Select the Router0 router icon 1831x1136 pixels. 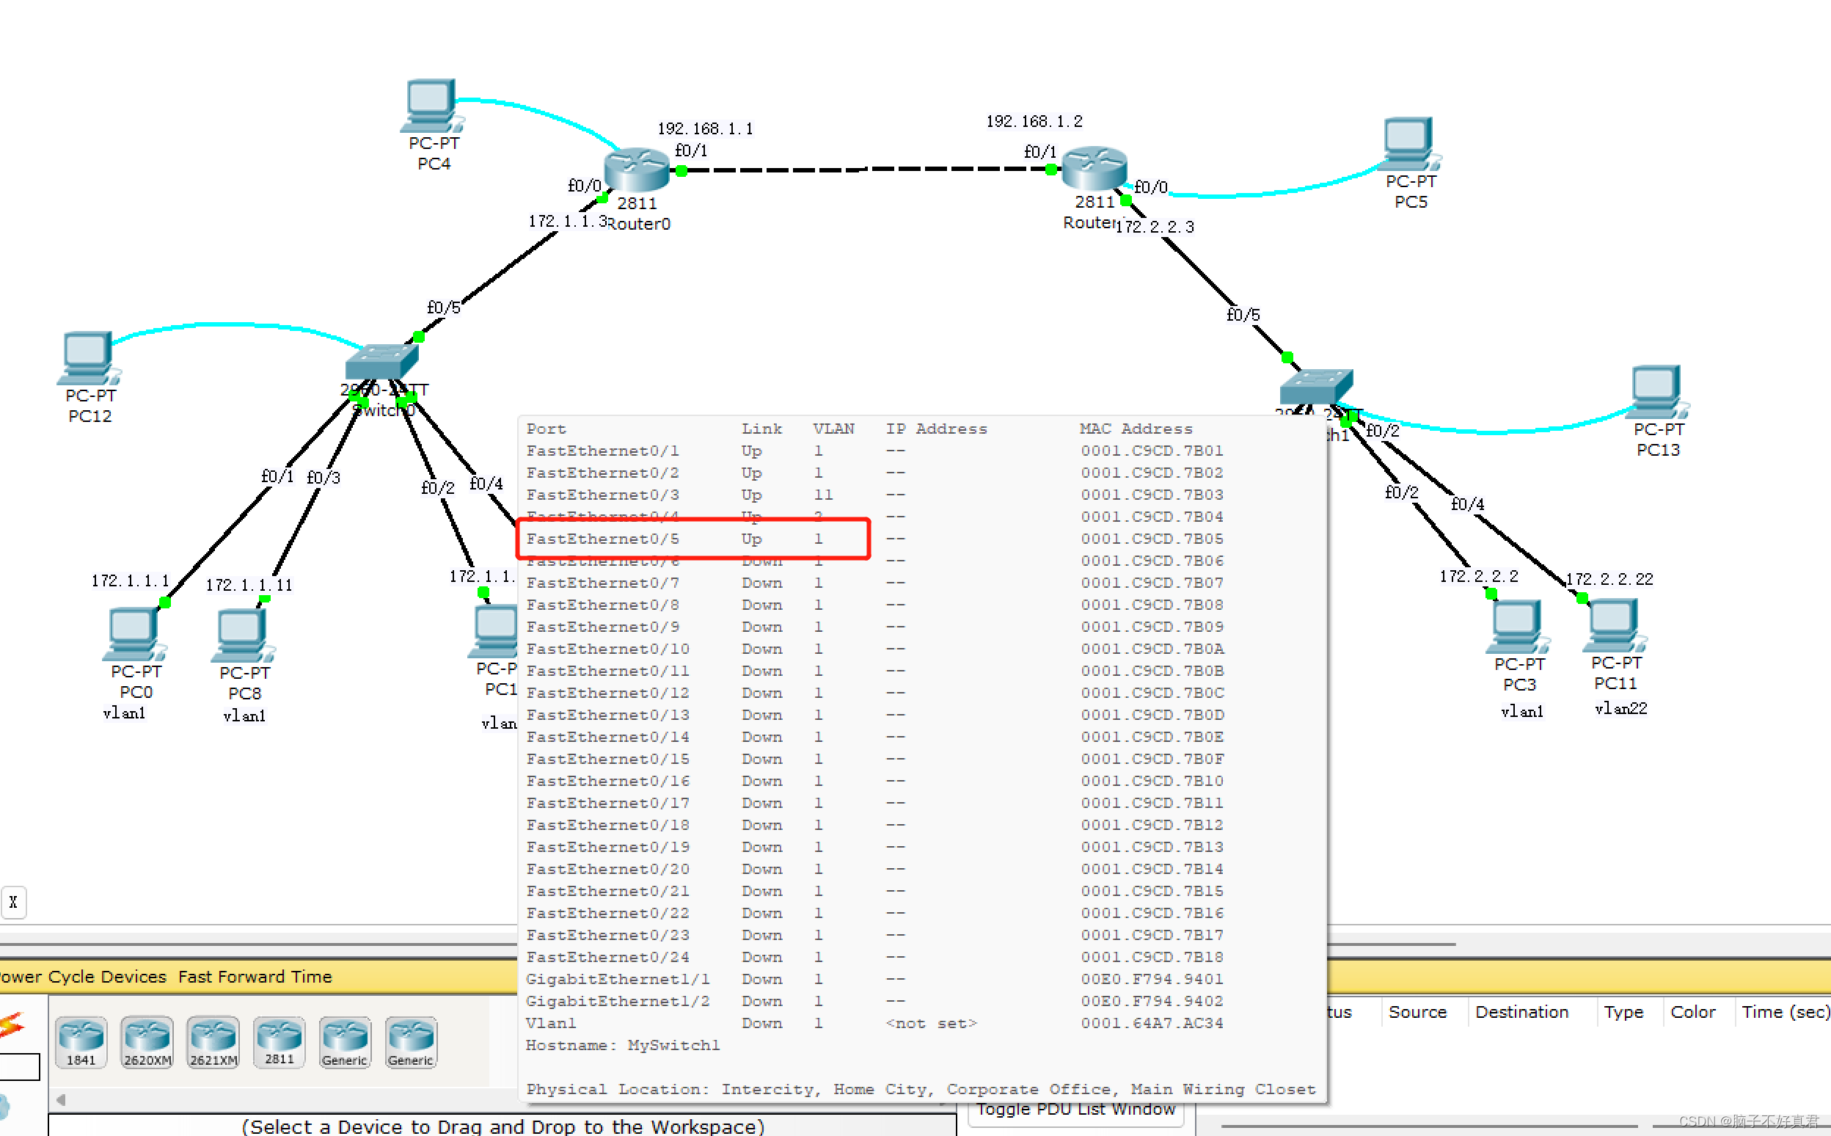(x=637, y=169)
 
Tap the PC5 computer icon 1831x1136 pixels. (x=1410, y=143)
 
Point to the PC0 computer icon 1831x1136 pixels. (x=134, y=633)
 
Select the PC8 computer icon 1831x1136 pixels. (x=244, y=635)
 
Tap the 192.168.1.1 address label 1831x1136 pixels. (x=704, y=128)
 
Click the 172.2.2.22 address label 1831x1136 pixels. (x=1609, y=579)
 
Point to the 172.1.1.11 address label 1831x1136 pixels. (x=249, y=585)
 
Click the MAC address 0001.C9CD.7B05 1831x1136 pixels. (x=1151, y=539)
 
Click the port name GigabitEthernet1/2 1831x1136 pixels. (x=618, y=1001)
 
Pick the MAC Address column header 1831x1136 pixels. (x=1136, y=429)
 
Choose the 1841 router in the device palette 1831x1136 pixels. (x=81, y=1041)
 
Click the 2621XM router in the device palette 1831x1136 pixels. (x=213, y=1041)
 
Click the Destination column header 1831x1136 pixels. (x=1521, y=1012)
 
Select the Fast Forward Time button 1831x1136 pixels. (x=255, y=976)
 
